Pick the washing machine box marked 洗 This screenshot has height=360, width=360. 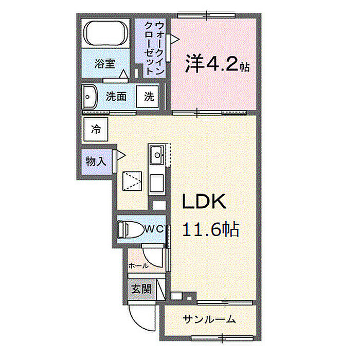pos(148,96)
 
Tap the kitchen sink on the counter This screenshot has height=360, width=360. pos(156,153)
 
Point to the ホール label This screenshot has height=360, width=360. pos(138,265)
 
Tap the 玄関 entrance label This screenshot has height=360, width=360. pos(141,289)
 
